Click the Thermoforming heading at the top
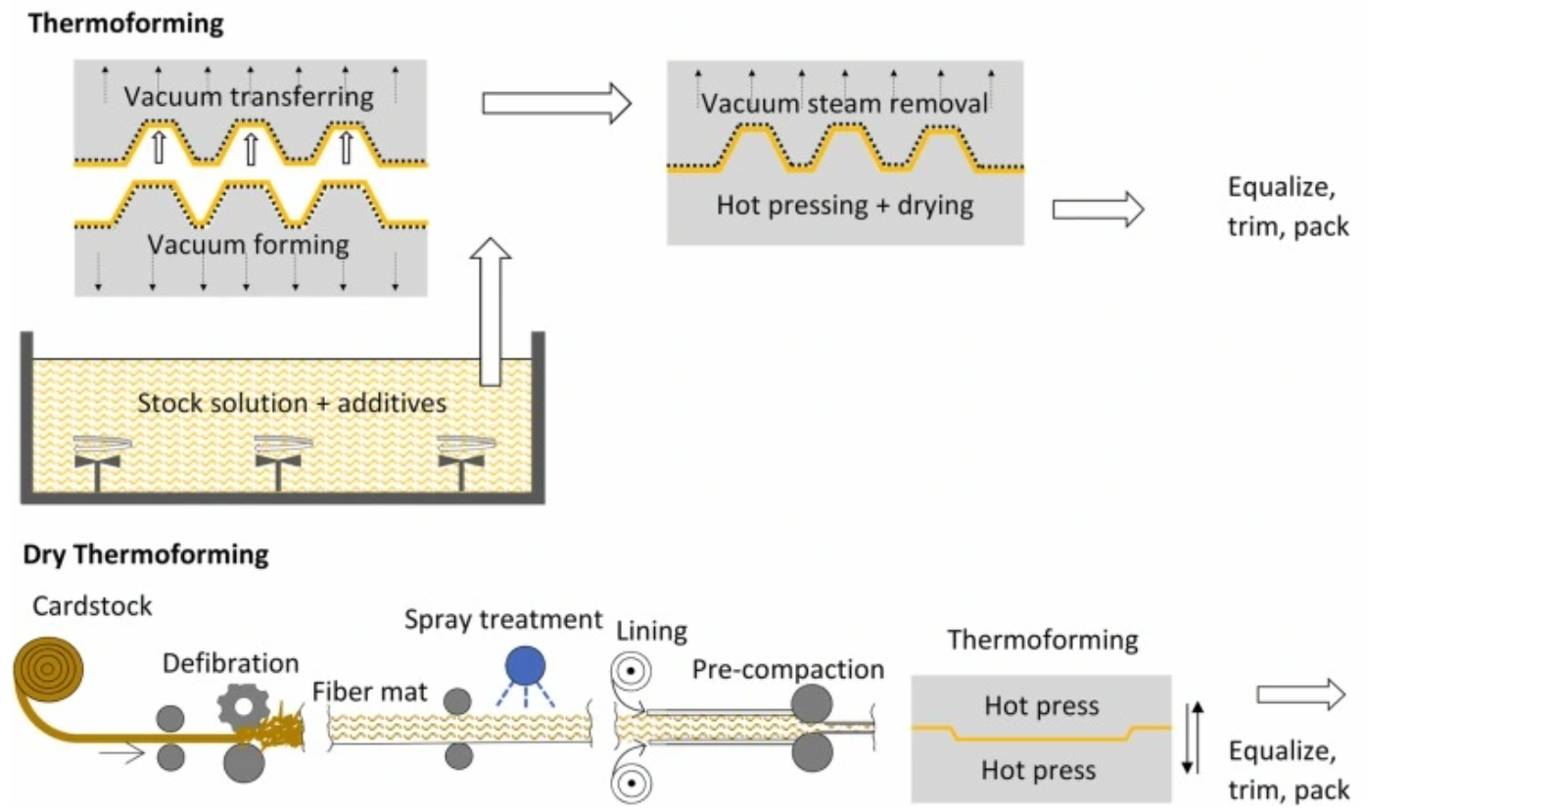click(x=125, y=24)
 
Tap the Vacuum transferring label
click(x=249, y=96)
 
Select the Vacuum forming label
click(x=249, y=244)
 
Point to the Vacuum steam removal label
click(x=844, y=104)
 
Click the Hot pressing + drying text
click(x=844, y=205)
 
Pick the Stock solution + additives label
click(x=291, y=403)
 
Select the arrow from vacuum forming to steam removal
click(x=556, y=103)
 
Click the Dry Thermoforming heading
click(x=146, y=554)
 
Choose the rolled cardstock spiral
click(x=48, y=670)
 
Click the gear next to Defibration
click(x=243, y=707)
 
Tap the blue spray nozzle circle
click(x=525, y=666)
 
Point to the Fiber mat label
click(x=369, y=692)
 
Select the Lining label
click(x=651, y=631)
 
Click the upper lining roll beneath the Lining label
click(x=632, y=672)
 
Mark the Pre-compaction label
click(x=787, y=669)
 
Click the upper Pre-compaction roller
click(x=812, y=703)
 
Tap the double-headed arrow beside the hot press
click(x=1193, y=737)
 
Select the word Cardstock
click(x=92, y=606)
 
